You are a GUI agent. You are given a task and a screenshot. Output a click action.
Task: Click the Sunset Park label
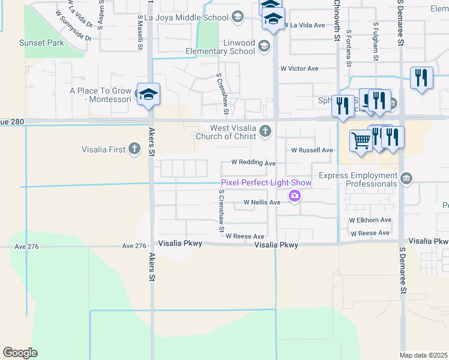pos(41,43)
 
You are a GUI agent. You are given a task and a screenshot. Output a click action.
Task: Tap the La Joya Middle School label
pos(187,17)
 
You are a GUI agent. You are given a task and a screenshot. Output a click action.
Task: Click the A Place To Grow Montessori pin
pos(148,94)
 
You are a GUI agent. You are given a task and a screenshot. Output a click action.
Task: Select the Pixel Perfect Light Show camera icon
pos(295,196)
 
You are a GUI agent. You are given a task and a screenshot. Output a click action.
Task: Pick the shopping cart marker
pos(361,141)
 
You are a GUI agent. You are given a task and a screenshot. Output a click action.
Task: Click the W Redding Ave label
pos(253,163)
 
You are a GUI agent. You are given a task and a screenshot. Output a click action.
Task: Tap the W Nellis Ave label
pos(262,203)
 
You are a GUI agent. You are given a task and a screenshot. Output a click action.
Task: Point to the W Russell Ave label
pos(309,150)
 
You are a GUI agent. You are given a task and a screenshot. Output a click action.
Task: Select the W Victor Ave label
pos(300,68)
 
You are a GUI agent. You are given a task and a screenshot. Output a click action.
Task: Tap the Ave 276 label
pos(134,246)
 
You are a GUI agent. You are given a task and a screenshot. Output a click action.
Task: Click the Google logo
pos(20,353)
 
